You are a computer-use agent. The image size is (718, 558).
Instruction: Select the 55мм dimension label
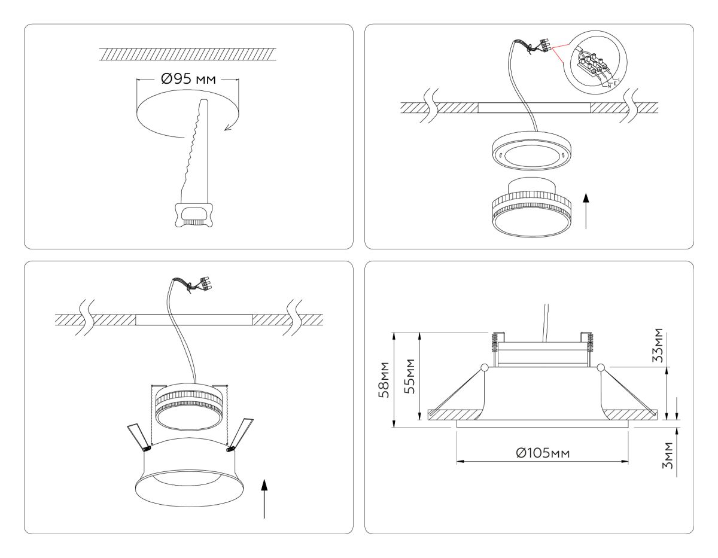coord(410,376)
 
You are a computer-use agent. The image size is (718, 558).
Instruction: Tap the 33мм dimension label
coord(658,346)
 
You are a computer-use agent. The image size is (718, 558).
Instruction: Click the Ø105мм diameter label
coord(543,452)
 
